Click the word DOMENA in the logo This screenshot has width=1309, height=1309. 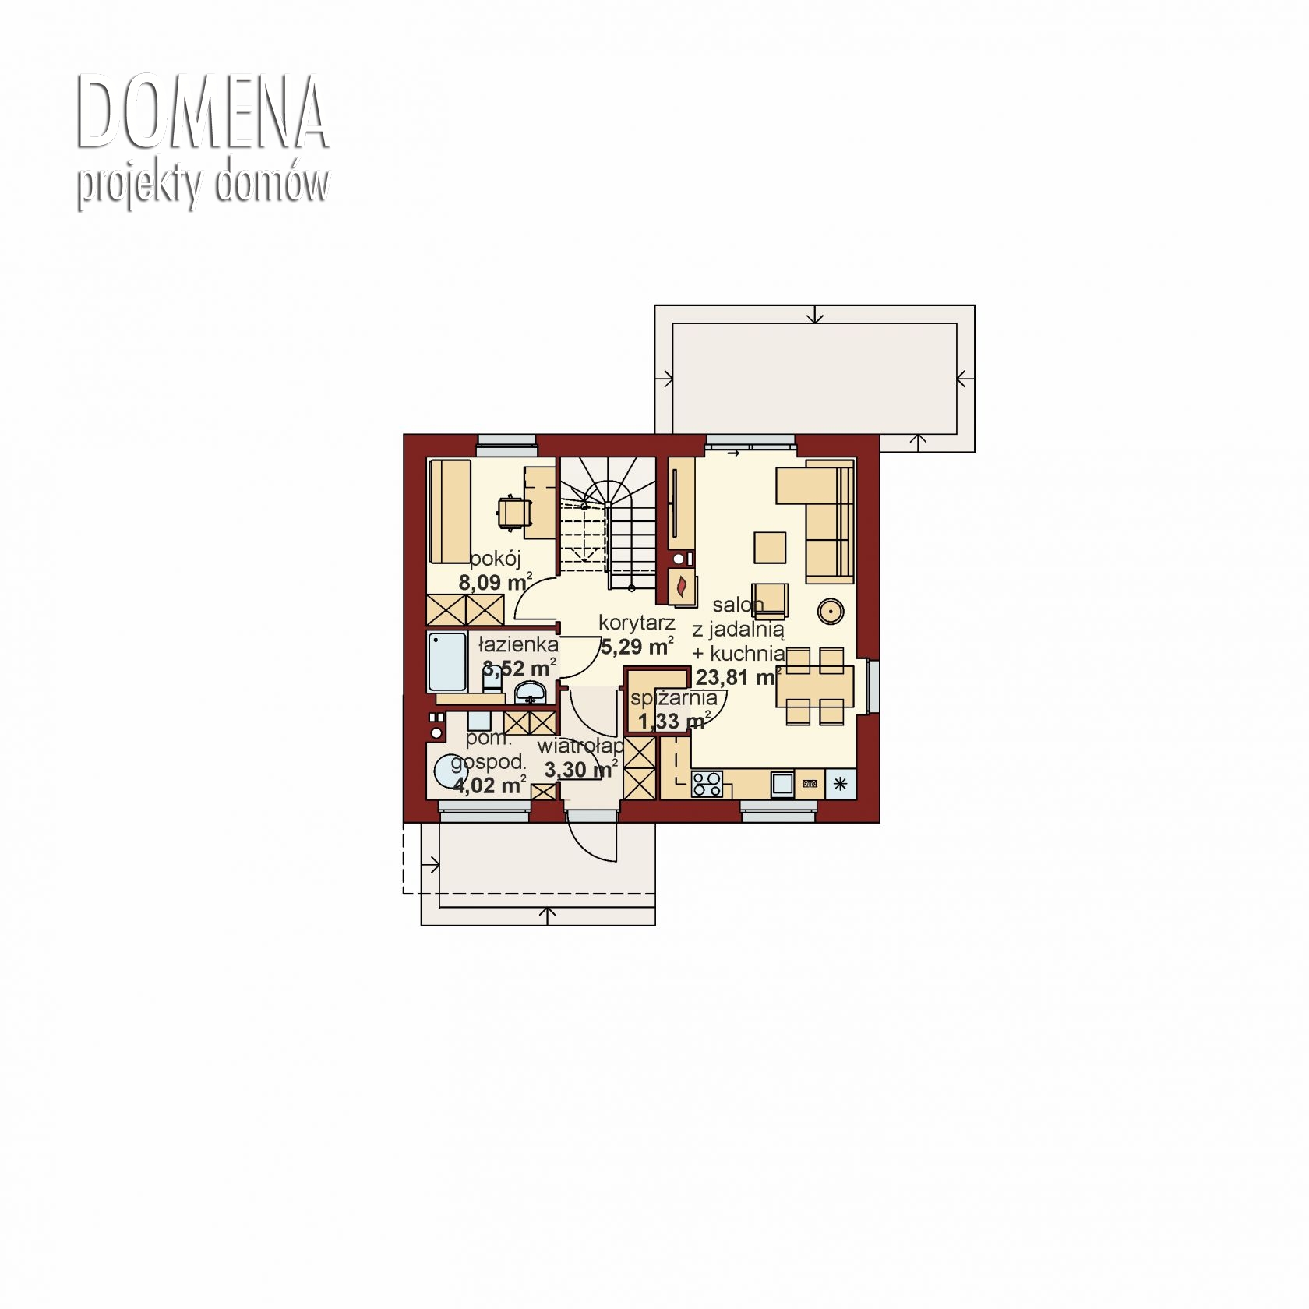point(203,114)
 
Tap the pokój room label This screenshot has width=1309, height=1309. point(495,559)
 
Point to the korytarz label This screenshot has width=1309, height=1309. point(637,623)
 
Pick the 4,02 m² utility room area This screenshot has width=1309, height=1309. point(489,784)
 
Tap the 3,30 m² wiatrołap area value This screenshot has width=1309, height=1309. point(581,770)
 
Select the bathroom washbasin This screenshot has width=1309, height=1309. point(532,691)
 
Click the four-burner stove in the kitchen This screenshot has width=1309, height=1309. point(707,784)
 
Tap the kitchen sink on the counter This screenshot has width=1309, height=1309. point(782,784)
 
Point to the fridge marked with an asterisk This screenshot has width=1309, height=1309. point(841,784)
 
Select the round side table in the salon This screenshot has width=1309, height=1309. point(831,612)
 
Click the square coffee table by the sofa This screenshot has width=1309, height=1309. point(770,547)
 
